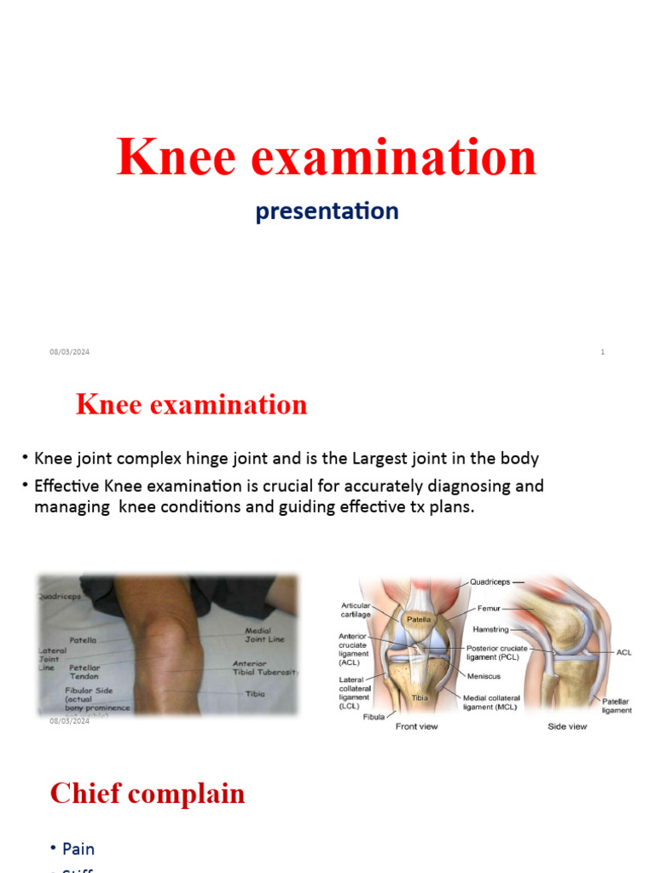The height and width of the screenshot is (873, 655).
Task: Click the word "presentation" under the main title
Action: point(327,211)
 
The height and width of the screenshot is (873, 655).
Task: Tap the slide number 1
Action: point(602,352)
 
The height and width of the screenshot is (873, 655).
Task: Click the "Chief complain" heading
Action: point(148,794)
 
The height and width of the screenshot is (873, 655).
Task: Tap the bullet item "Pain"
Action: point(78,848)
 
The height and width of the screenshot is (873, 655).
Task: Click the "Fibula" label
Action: point(373,717)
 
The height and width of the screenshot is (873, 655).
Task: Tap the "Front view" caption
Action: point(418,726)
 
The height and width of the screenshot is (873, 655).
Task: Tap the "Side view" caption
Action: point(567,726)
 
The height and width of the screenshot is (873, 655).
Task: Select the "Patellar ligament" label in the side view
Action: point(617,705)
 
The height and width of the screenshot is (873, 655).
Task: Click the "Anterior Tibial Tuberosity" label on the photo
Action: point(265,668)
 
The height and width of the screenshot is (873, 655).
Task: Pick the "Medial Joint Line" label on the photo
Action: point(264,636)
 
